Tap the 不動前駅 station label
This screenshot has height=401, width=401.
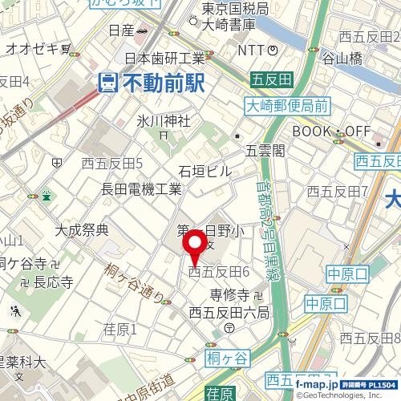163,82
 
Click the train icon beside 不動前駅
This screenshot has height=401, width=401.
107,82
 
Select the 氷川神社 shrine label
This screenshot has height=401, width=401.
163,121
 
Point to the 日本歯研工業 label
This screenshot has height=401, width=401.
164,58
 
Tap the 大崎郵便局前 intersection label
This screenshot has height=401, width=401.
286,105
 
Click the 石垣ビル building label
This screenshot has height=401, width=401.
205,171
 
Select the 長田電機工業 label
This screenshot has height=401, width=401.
142,189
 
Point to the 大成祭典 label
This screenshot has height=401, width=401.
81,230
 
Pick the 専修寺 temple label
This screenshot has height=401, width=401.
229,295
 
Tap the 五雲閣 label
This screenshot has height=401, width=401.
265,150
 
